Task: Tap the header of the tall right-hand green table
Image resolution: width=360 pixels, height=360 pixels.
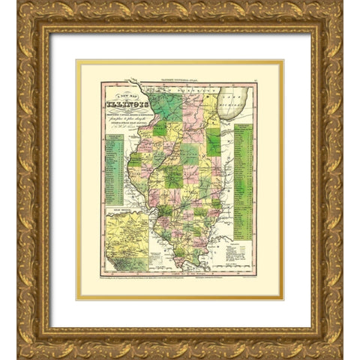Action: [x=244, y=127]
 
